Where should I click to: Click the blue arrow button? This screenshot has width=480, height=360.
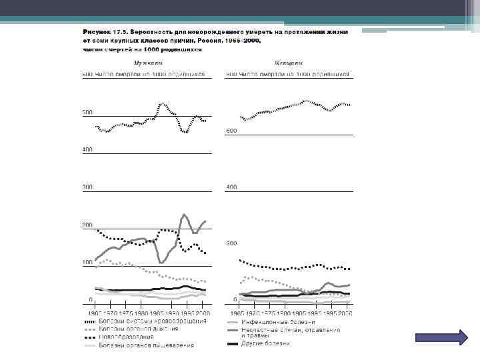click(441, 337)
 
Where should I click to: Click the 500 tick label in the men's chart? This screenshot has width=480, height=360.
click(87, 112)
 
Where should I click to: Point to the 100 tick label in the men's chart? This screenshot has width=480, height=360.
click(87, 263)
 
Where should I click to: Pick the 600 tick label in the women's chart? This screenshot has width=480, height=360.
click(231, 131)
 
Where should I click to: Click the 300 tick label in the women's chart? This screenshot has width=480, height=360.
click(231, 244)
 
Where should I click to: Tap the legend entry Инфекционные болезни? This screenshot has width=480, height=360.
click(278, 321)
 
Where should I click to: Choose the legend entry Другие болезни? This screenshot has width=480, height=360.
click(266, 344)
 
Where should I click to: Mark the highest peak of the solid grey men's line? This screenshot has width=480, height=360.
click(183, 215)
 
